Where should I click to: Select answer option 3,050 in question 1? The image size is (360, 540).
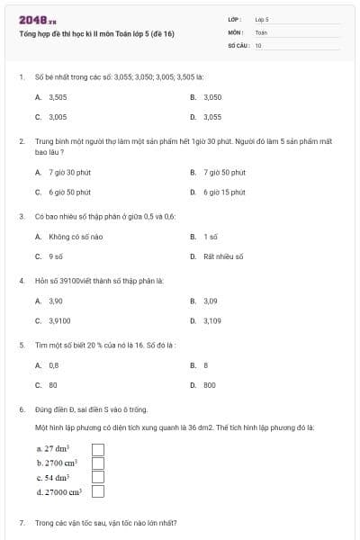pos(212,96)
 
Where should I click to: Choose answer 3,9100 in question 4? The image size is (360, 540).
pos(59,320)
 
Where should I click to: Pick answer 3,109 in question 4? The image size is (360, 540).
pos(211,320)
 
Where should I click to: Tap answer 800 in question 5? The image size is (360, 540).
pos(210,385)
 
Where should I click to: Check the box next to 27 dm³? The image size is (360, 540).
pos(98,448)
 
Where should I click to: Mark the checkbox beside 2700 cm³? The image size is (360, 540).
pos(98,463)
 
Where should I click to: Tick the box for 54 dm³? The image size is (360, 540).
pos(98,477)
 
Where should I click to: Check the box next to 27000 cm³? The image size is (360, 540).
pos(98,491)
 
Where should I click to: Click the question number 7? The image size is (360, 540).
pos(21,523)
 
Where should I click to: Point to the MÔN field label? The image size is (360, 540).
pos(235,31)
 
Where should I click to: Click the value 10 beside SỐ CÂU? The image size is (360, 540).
pos(258,44)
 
